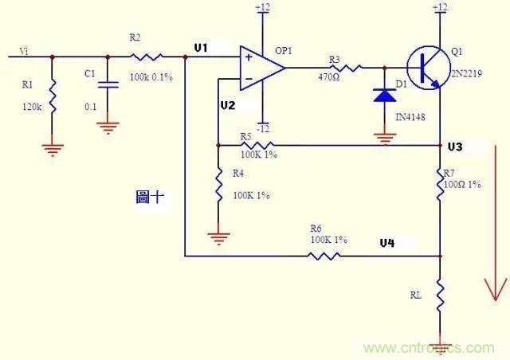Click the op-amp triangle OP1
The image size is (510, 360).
click(261, 68)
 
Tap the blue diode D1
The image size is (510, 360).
click(386, 96)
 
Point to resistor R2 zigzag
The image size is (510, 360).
click(147, 57)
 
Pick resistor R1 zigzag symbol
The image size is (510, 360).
click(53, 96)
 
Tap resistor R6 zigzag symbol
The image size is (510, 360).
click(324, 256)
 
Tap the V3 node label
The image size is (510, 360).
click(455, 147)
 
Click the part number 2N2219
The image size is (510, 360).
click(467, 69)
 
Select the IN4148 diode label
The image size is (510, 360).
click(410, 116)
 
